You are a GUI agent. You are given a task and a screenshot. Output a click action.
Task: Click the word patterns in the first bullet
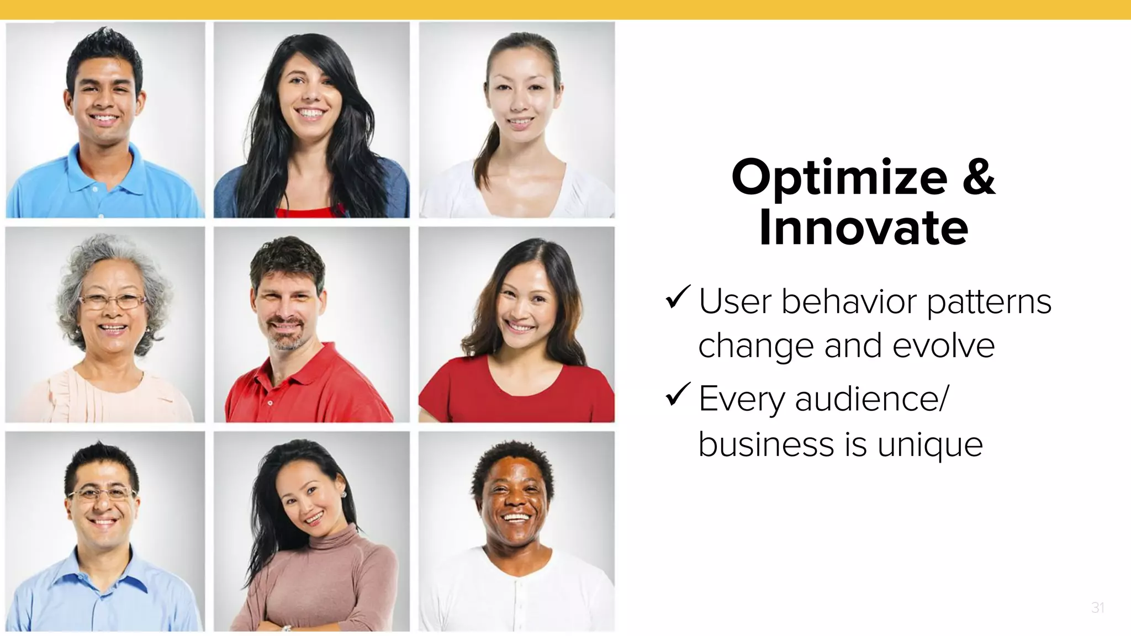point(989,303)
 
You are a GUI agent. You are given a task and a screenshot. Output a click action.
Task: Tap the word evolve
point(943,346)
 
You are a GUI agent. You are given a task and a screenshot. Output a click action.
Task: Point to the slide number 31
point(1097,608)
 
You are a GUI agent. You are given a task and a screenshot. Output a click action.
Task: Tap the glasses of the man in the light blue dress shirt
point(102,493)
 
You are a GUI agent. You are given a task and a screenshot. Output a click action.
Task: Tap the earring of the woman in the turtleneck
point(343,494)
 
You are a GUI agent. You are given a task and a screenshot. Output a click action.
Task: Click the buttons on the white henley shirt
point(517,596)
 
